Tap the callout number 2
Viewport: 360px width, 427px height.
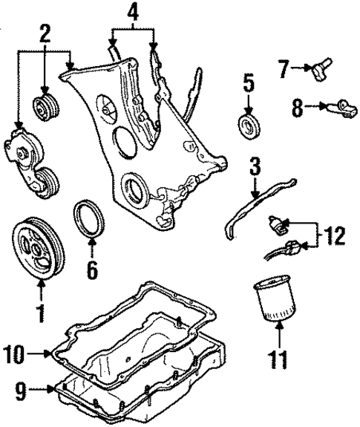coord(45,33)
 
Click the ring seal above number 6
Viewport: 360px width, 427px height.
coord(91,221)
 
